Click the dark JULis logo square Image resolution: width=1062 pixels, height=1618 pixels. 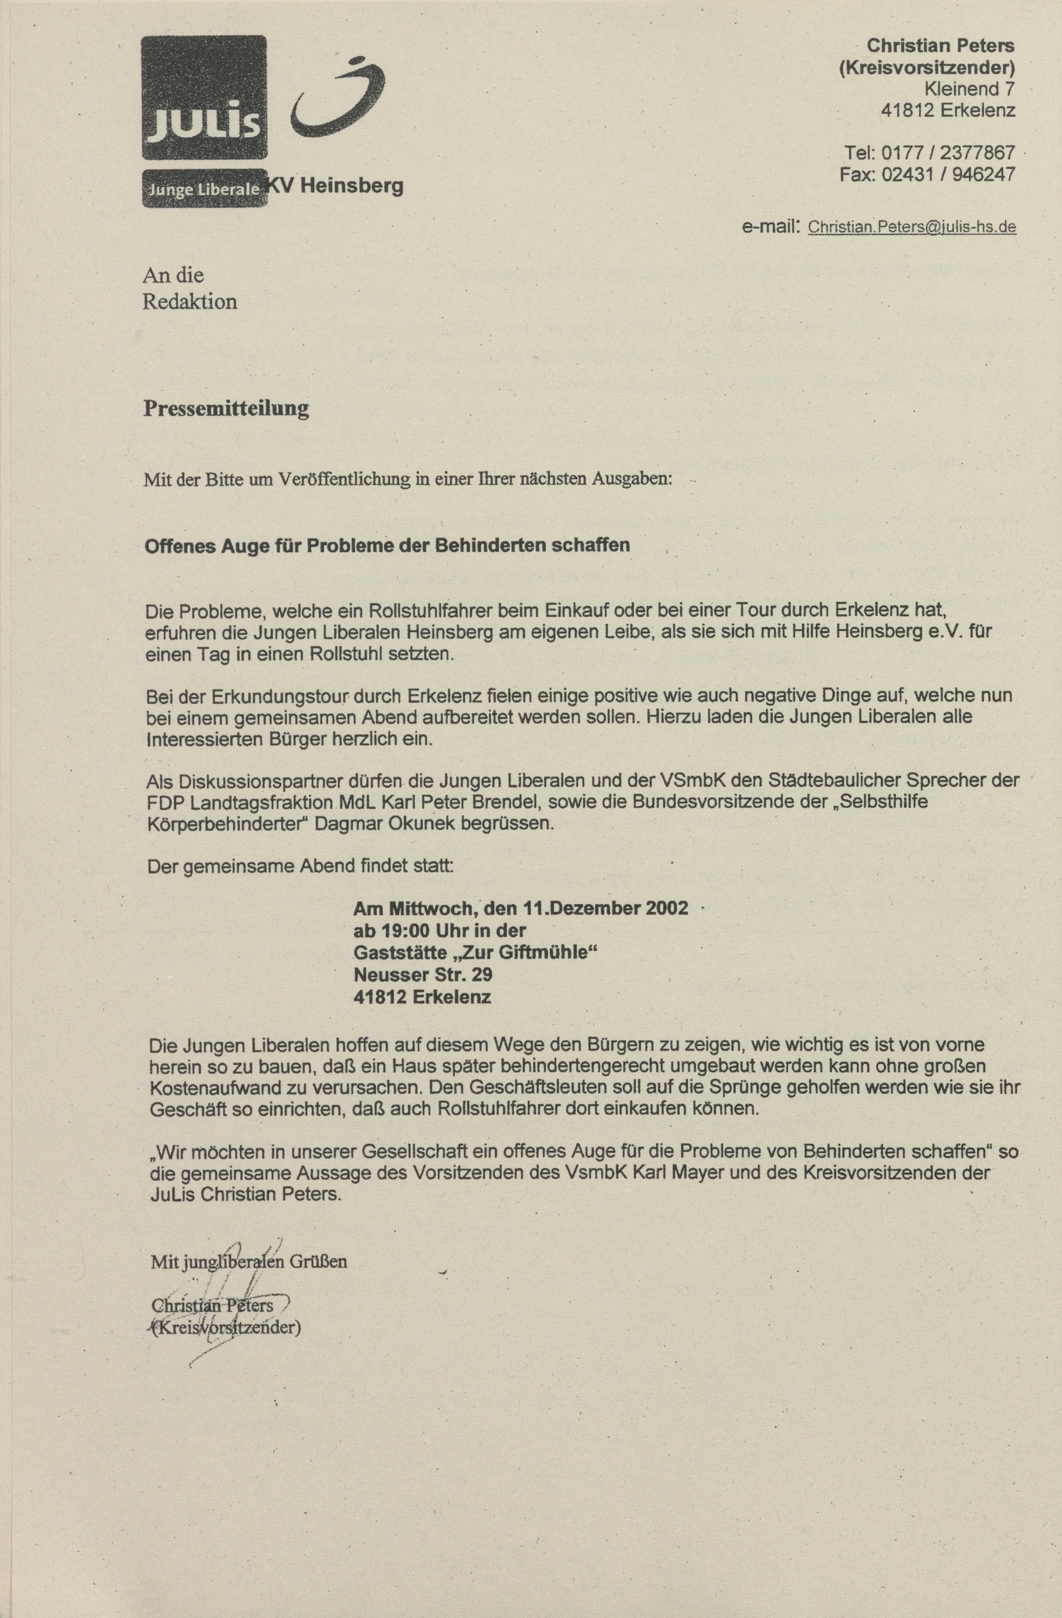point(204,97)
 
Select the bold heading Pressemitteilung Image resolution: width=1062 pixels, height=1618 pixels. point(226,408)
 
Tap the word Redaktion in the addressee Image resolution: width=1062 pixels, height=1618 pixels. point(189,301)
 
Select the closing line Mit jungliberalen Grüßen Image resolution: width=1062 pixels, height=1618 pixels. point(249,1262)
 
